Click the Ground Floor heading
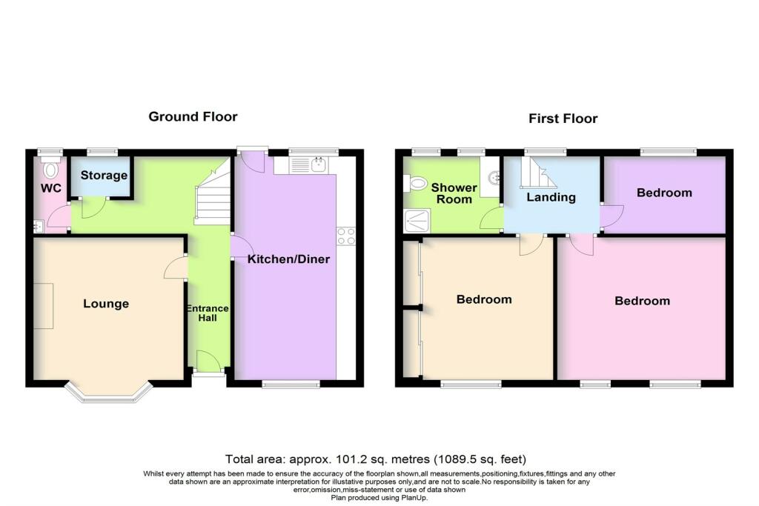pyautogui.click(x=193, y=116)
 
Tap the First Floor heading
pyautogui.click(x=563, y=119)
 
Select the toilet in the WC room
pyautogui.click(x=50, y=170)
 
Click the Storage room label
pyautogui.click(x=104, y=176)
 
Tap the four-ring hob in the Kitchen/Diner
pyautogui.click(x=345, y=236)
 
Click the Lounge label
pyautogui.click(x=106, y=304)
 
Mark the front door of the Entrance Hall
pyautogui.click(x=207, y=363)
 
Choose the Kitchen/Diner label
pyautogui.click(x=288, y=259)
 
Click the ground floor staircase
pyautogui.click(x=211, y=194)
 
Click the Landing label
pyautogui.click(x=551, y=197)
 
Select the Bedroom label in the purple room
pyautogui.click(x=664, y=193)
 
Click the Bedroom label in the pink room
pyautogui.click(x=642, y=301)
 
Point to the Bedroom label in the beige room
pyautogui.click(x=484, y=299)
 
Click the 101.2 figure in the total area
pyautogui.click(x=331, y=459)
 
